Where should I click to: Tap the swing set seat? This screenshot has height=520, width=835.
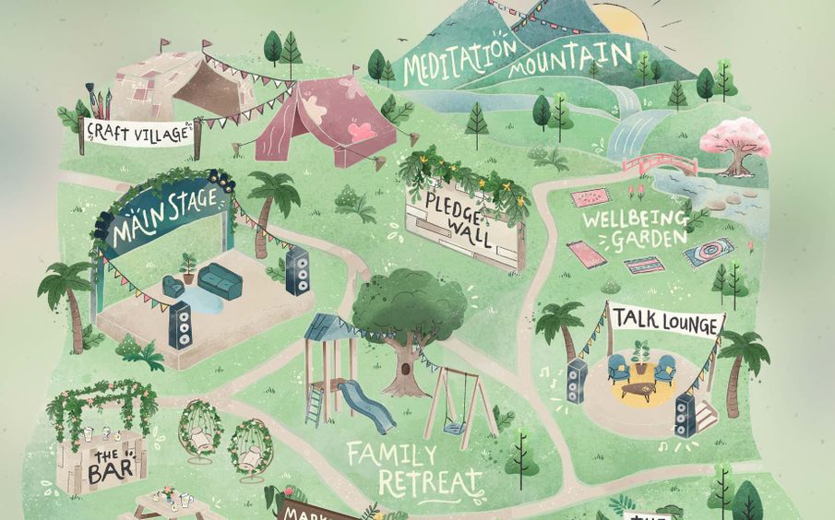tap(452, 427)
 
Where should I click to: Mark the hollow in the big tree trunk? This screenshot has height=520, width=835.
tap(402, 367)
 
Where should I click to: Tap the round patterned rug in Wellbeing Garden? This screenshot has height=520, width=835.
tap(708, 252)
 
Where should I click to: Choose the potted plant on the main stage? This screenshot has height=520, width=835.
tap(187, 267)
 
